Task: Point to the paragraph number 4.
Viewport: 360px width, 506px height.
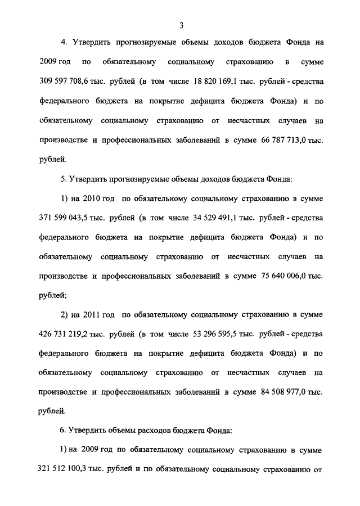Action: (x=64, y=43)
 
